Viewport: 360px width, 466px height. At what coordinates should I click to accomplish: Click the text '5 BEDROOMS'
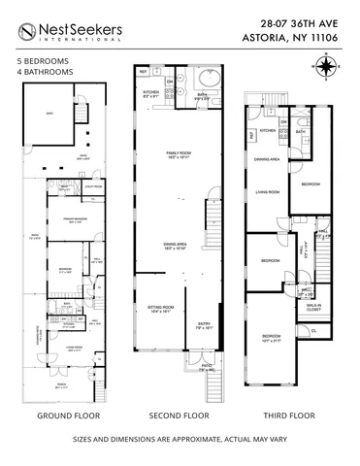(41, 60)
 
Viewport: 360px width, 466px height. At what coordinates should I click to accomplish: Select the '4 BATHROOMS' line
(43, 71)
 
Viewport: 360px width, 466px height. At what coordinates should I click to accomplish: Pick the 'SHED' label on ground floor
(44, 113)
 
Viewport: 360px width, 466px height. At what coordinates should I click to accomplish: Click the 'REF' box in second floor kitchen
(143, 72)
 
